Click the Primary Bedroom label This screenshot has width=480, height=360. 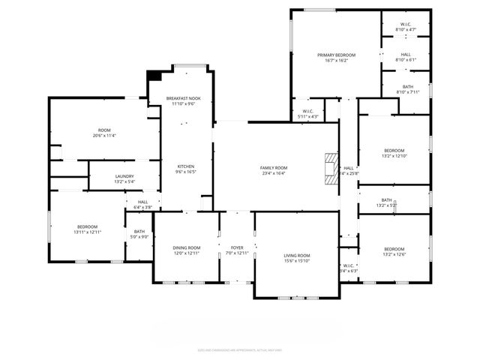pyautogui.click(x=336, y=58)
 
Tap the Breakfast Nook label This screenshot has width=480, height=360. pyautogui.click(x=184, y=101)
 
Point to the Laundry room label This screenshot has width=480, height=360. pyautogui.click(x=124, y=178)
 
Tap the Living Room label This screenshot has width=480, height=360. pyautogui.click(x=297, y=259)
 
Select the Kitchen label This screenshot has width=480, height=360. pyautogui.click(x=186, y=169)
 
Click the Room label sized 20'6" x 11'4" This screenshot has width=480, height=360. pyautogui.click(x=104, y=133)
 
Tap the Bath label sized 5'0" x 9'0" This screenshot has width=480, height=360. pyautogui.click(x=139, y=234)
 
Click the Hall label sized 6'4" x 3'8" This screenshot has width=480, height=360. pyautogui.click(x=142, y=204)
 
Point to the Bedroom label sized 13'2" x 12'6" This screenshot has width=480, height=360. pyautogui.click(x=394, y=252)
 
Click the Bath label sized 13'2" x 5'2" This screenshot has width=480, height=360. pyautogui.click(x=386, y=202)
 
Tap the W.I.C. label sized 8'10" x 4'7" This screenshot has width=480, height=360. pyautogui.click(x=406, y=27)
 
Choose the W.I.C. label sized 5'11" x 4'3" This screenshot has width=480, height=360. pyautogui.click(x=307, y=114)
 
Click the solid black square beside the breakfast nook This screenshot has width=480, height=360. pyautogui.click(x=154, y=75)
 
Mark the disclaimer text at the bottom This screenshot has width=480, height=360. pyautogui.click(x=240, y=349)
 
